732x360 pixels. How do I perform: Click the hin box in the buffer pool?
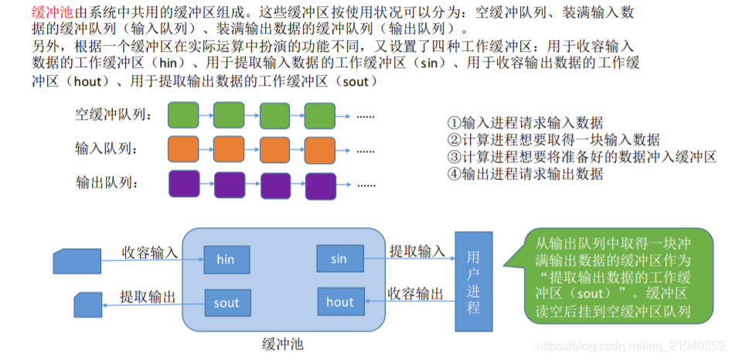pyautogui.click(x=226, y=260)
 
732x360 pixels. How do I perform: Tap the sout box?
pyautogui.click(x=226, y=303)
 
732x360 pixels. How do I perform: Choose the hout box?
pyautogui.click(x=339, y=302)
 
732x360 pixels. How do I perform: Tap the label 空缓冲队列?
pyautogui.click(x=114, y=116)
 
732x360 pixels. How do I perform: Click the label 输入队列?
pyautogui.click(x=107, y=148)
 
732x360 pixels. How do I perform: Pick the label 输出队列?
pyautogui.click(x=107, y=183)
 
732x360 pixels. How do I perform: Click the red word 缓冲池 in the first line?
pyautogui.click(x=52, y=11)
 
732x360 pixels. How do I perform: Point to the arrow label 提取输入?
pyautogui.click(x=417, y=251)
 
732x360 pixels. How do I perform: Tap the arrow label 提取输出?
pyautogui.click(x=147, y=296)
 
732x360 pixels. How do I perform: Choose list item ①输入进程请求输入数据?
pyautogui.click(x=526, y=123)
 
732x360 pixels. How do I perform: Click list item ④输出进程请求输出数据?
pyautogui.click(x=526, y=174)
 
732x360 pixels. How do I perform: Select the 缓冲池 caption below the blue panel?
pyautogui.click(x=283, y=345)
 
